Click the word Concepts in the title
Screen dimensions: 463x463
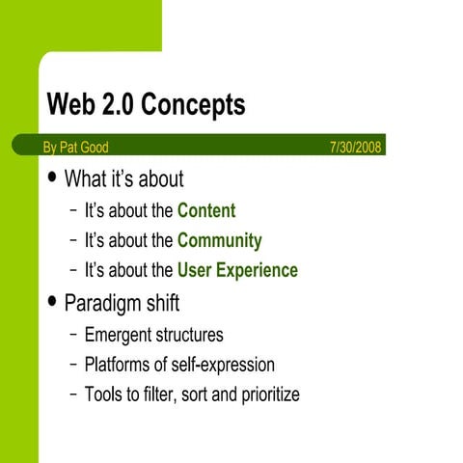pos(199,105)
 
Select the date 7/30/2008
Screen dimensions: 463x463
pos(357,148)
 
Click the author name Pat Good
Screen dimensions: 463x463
pos(85,148)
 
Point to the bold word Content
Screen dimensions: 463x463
pos(206,210)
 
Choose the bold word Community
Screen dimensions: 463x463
pos(219,240)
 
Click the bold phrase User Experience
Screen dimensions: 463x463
pos(237,270)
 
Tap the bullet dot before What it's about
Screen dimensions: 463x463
pos(52,178)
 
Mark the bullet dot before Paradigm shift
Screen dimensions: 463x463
pos(52,302)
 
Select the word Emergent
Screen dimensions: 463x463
pos(117,335)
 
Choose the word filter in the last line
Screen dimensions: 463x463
pos(161,395)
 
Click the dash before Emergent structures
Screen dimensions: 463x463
pos(74,335)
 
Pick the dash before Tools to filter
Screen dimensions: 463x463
pos(74,395)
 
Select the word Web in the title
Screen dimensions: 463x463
pos(71,105)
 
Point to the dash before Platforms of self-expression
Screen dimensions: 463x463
pos(74,365)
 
